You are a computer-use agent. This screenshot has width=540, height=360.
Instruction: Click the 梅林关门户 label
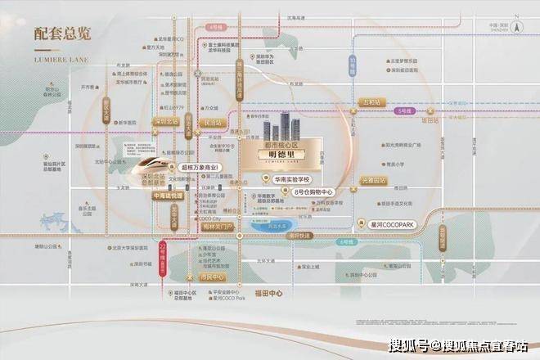(216, 225)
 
